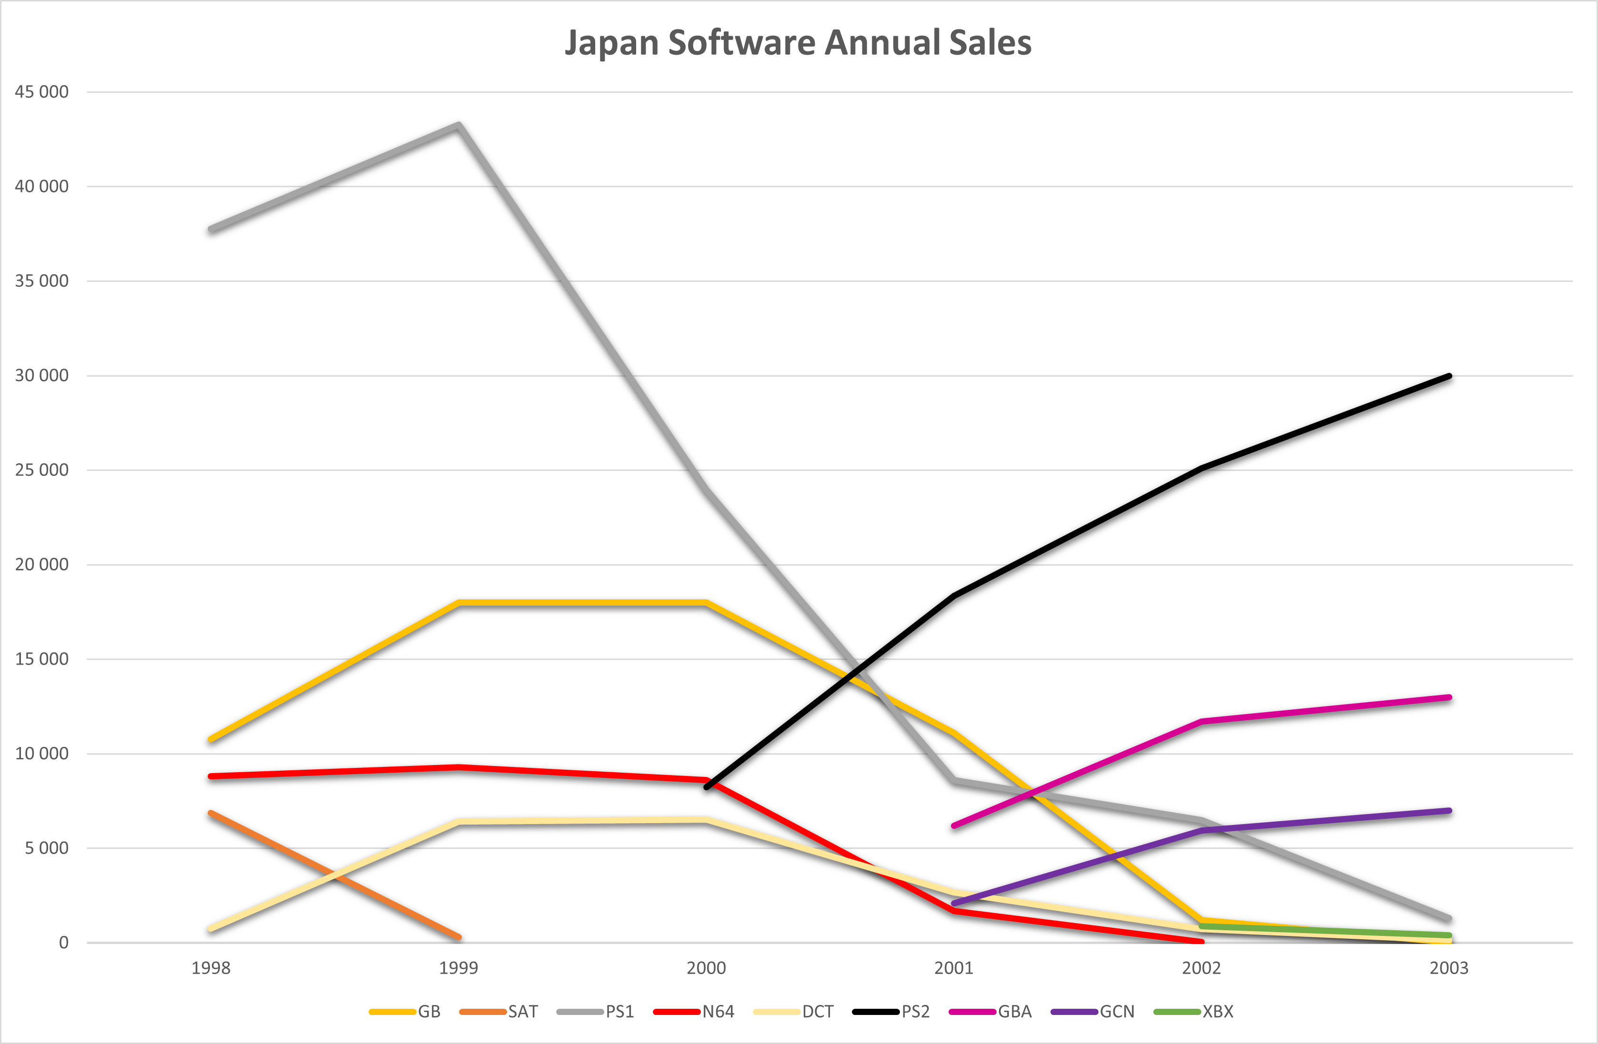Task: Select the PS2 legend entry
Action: pyautogui.click(x=891, y=1012)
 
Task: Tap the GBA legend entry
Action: pyautogui.click(x=990, y=1012)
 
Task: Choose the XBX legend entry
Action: pyautogui.click(x=1193, y=1012)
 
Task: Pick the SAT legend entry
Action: pyautogui.click(x=499, y=1012)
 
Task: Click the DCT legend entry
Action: pyautogui.click(x=794, y=1012)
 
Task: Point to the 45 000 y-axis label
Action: pyautogui.click(x=41, y=92)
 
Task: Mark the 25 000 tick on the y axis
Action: pyautogui.click(x=41, y=470)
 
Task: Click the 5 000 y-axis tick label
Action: pyautogui.click(x=47, y=848)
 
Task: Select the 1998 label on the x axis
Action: pyautogui.click(x=211, y=968)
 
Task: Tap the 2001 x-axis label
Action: pyautogui.click(x=953, y=968)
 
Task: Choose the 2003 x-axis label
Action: pyautogui.click(x=1449, y=968)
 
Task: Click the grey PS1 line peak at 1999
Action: pyautogui.click(x=459, y=126)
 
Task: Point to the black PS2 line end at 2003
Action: pyautogui.click(x=1449, y=376)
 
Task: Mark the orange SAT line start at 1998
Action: pyautogui.click(x=211, y=813)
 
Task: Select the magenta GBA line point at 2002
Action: pyautogui.click(x=1201, y=722)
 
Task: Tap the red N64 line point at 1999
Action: pyautogui.click(x=459, y=767)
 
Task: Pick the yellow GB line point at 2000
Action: pyautogui.click(x=706, y=603)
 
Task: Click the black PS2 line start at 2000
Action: pyautogui.click(x=706, y=787)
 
